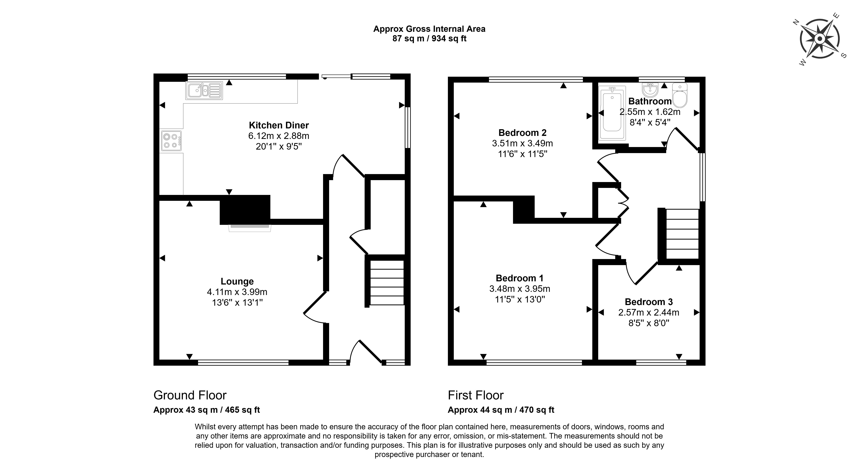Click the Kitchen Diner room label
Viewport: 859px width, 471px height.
pyautogui.click(x=279, y=125)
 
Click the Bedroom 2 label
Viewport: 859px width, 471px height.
pyautogui.click(x=523, y=133)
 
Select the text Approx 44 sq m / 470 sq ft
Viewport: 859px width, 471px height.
pyautogui.click(x=501, y=410)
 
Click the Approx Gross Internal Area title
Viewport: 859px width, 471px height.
pyautogui.click(x=429, y=29)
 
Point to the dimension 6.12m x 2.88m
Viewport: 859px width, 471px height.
pyautogui.click(x=279, y=136)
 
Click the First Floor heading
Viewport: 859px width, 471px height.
pyautogui.click(x=476, y=395)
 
